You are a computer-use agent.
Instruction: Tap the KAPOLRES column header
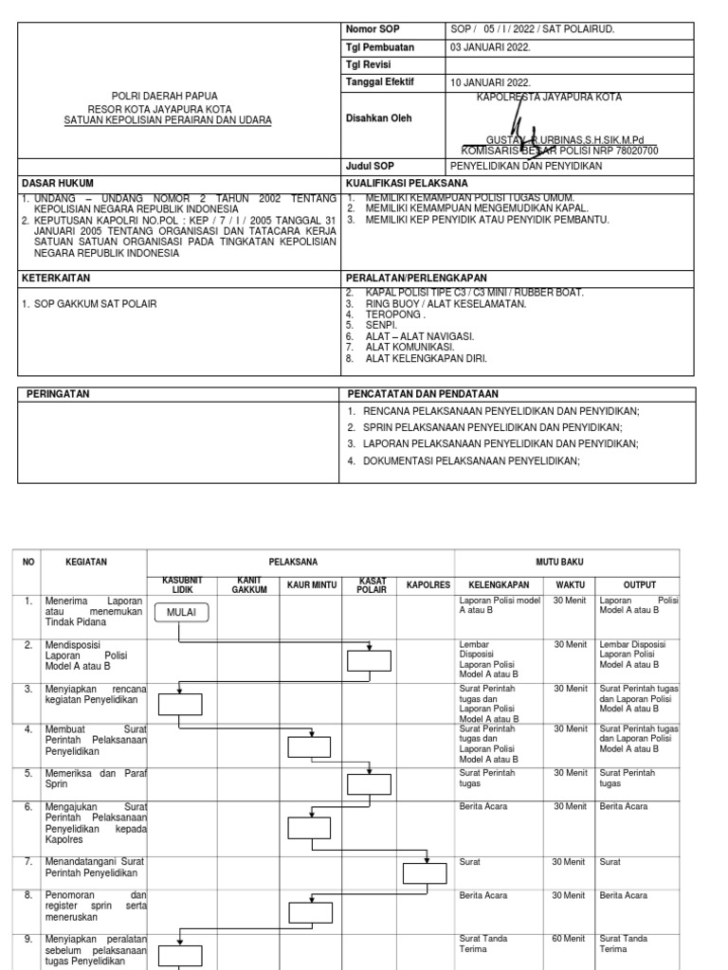[x=428, y=585]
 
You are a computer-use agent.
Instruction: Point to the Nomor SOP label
[x=373, y=29]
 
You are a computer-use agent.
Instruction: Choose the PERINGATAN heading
[x=58, y=393]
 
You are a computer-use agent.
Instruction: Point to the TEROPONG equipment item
[x=396, y=314]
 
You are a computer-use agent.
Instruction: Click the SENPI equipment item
[x=381, y=325]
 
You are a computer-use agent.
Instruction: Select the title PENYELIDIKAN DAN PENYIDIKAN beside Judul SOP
[x=526, y=165]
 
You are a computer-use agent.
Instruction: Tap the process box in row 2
[x=369, y=661]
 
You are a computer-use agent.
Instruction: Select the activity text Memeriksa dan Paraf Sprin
[x=95, y=779]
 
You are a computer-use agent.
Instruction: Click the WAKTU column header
[x=571, y=585]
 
